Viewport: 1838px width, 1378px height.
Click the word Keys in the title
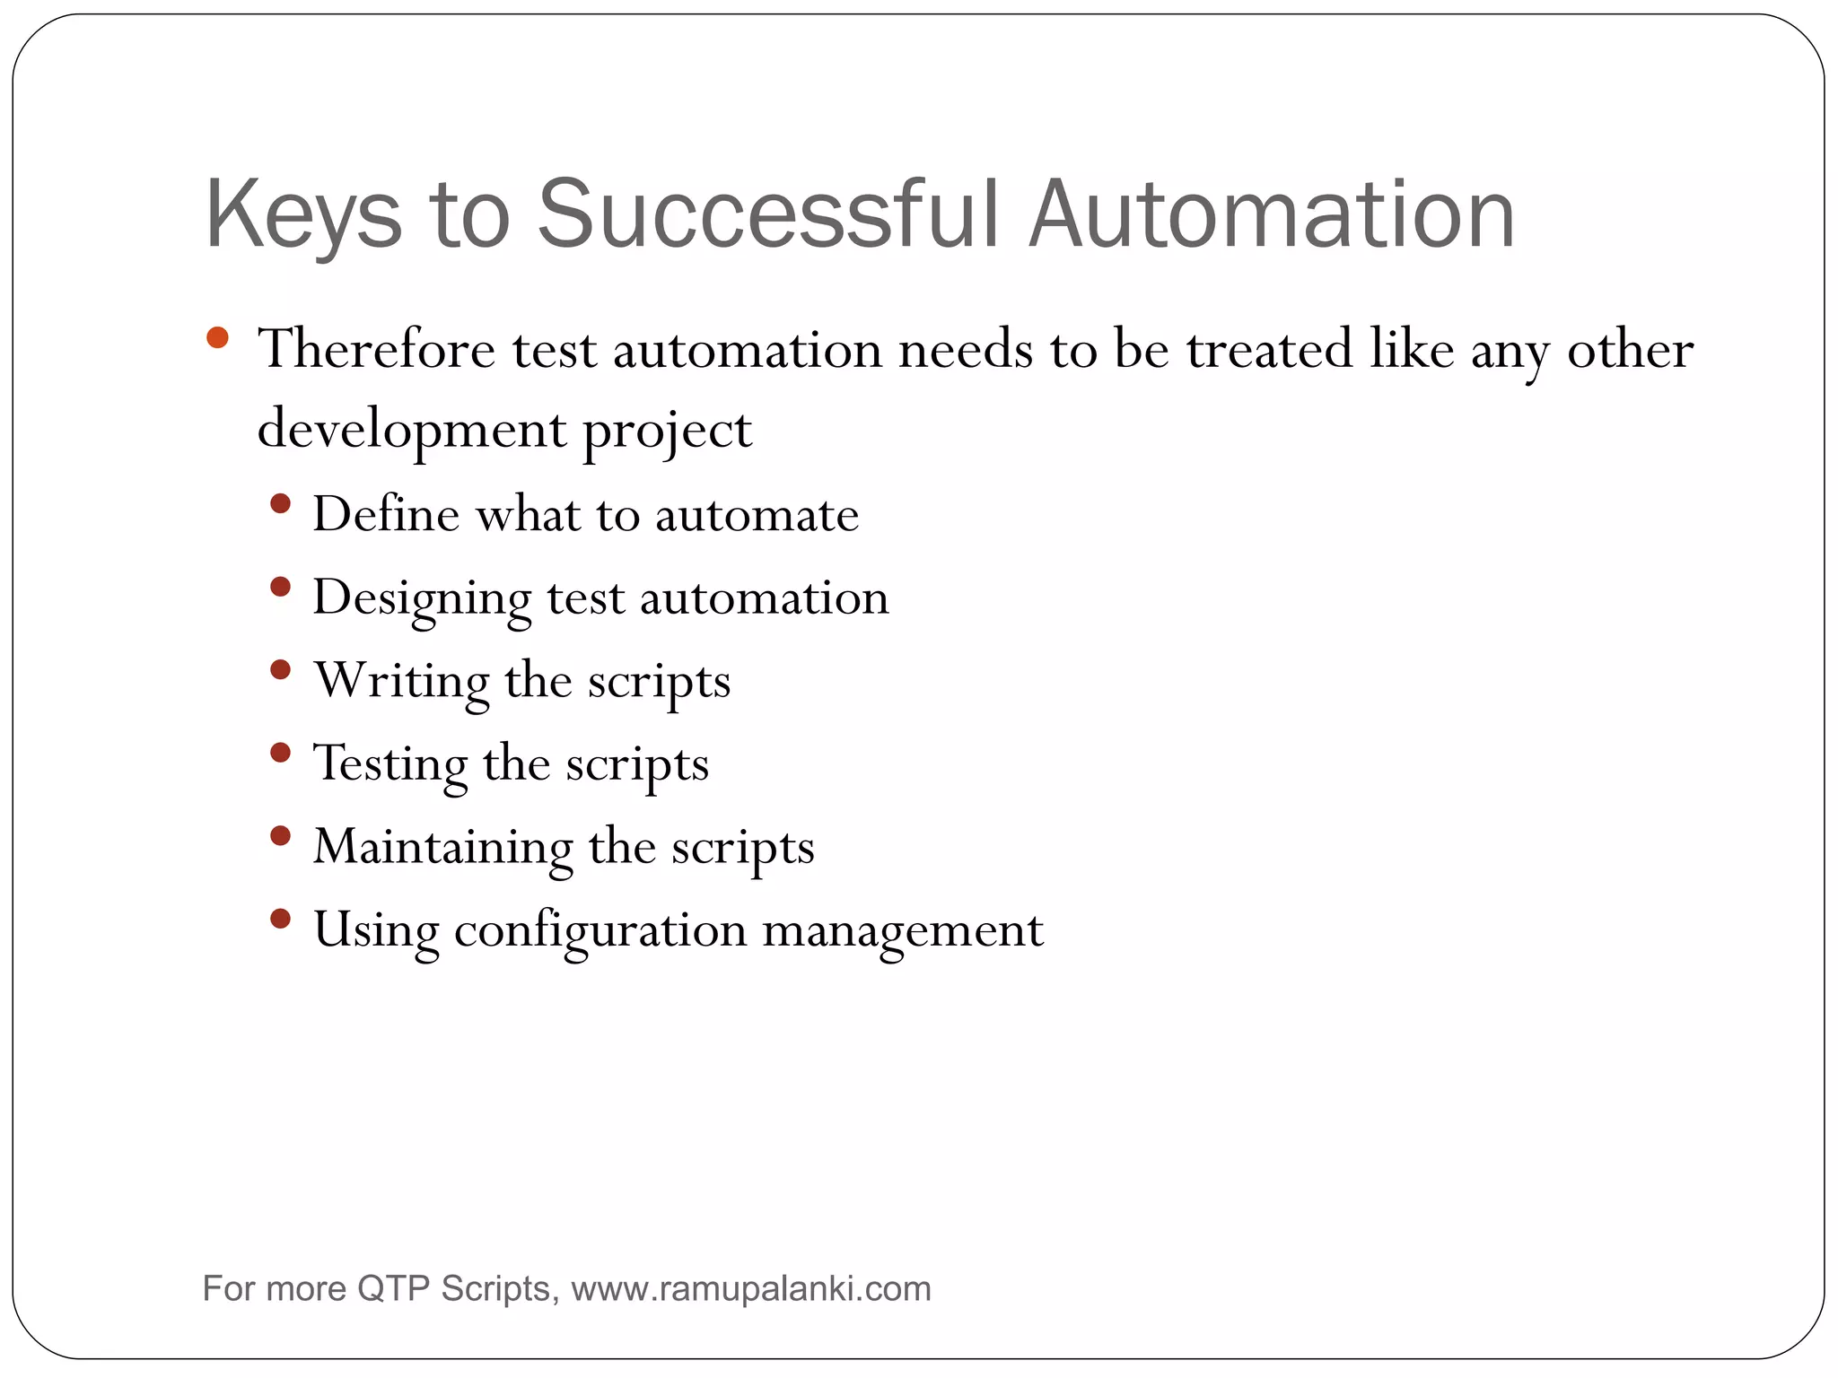303,216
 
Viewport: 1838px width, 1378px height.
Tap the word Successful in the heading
767,214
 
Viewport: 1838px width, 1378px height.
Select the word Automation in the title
1272,214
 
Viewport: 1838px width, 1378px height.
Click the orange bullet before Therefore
217,338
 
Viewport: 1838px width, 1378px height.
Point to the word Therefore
376,349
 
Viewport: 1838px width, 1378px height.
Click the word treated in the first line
1269,349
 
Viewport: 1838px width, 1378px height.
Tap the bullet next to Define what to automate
280,503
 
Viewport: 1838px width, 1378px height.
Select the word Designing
421,598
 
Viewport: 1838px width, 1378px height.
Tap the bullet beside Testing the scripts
280,752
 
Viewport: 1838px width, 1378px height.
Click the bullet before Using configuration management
280,919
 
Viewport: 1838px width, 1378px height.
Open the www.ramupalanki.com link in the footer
750,1289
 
